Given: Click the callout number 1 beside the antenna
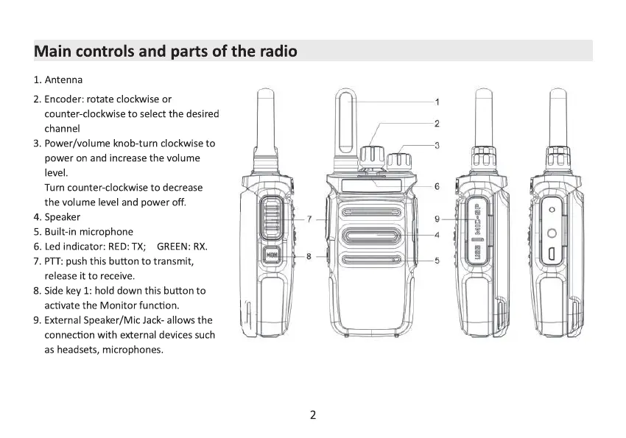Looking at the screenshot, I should click(437, 102).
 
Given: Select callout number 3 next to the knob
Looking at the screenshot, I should click(437, 145).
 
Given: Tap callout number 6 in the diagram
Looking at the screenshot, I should click(437, 186).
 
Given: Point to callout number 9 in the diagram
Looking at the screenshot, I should click(437, 219).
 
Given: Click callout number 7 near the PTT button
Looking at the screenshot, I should click(310, 219).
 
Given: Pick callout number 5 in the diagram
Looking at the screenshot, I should click(437, 260).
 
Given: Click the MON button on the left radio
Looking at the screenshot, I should click(272, 256).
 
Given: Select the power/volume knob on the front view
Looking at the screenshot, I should click(398, 160).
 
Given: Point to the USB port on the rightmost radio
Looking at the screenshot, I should click(552, 255).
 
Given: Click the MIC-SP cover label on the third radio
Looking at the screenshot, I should click(477, 218).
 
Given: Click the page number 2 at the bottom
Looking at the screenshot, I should click(313, 415).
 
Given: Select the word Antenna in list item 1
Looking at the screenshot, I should click(63, 80).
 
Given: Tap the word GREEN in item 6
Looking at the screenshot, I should click(174, 247).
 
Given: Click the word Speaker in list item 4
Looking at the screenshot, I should click(63, 217).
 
